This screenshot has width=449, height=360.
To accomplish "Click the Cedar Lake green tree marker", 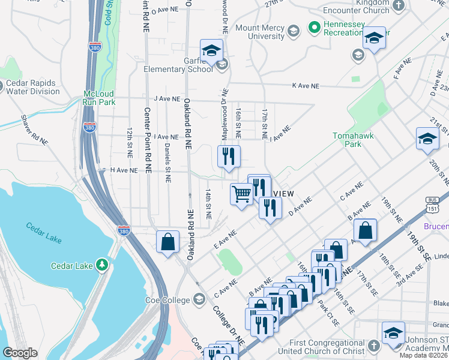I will coord(103,264).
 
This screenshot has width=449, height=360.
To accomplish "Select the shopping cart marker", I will coord(241,194).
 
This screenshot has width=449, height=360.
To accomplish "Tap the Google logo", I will coord(20,353).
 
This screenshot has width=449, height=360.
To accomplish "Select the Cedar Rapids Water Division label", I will coord(32,88).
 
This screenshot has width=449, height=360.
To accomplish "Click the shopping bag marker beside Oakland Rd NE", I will coord(168,242).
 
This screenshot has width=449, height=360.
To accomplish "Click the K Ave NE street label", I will coord(305,86).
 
